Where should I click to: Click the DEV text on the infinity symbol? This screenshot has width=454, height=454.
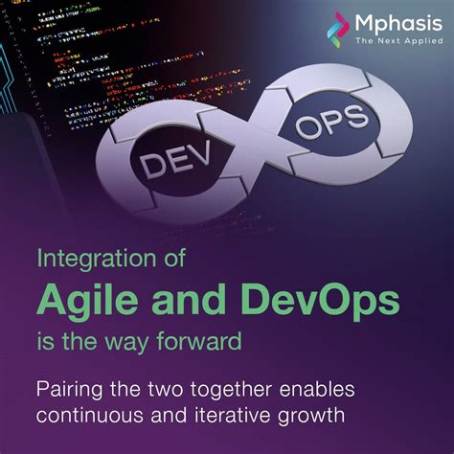click(176, 162)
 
